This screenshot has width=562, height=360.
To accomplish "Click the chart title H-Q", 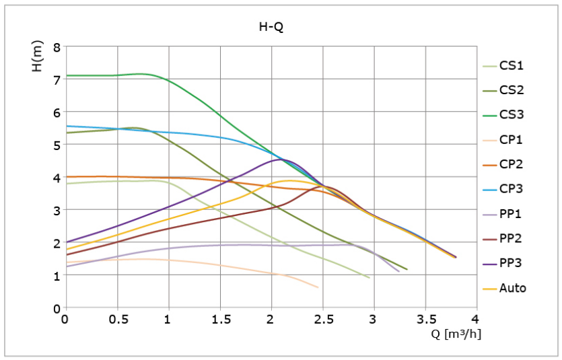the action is (271, 27).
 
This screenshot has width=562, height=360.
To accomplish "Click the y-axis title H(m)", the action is (37, 56).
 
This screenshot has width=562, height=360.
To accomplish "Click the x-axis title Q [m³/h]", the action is (456, 334).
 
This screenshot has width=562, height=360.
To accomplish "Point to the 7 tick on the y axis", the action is (57, 80).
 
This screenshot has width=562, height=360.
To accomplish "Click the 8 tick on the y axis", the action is (57, 47).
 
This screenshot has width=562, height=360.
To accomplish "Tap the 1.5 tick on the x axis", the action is (221, 319).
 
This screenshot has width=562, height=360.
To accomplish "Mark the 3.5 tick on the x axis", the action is (426, 319).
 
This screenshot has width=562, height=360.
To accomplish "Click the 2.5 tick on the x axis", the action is (324, 319).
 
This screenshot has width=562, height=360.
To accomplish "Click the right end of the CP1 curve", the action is (318, 287).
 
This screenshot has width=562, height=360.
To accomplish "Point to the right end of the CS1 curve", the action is (370, 278).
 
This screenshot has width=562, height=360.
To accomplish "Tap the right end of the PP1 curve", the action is (399, 272).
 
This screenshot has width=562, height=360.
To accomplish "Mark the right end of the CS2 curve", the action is (407, 269).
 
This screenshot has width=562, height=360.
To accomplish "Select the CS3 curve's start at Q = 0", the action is (67, 75).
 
